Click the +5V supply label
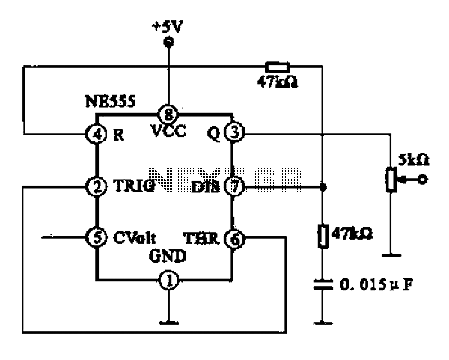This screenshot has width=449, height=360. click(x=167, y=28)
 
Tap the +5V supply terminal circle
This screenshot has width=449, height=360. click(x=168, y=42)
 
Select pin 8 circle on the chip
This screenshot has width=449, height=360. click(x=168, y=115)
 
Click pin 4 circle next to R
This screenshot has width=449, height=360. click(x=97, y=134)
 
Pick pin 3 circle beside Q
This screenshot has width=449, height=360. click(x=234, y=132)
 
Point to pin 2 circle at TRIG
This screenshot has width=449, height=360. click(x=97, y=186)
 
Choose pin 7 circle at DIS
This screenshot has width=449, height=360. click(x=234, y=186)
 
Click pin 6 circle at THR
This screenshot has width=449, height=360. click(x=235, y=239)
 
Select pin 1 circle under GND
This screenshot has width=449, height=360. click(x=169, y=280)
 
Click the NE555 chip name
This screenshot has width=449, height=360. click(x=110, y=101)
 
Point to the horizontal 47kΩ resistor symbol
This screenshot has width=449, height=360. click(x=278, y=67)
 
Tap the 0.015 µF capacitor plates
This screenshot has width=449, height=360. click(x=323, y=285)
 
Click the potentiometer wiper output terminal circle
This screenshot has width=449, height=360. click(x=422, y=180)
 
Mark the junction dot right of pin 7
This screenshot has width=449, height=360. click(x=323, y=187)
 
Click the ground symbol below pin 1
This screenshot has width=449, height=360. click(x=168, y=323)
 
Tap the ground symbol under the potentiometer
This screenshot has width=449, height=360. click(x=391, y=255)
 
